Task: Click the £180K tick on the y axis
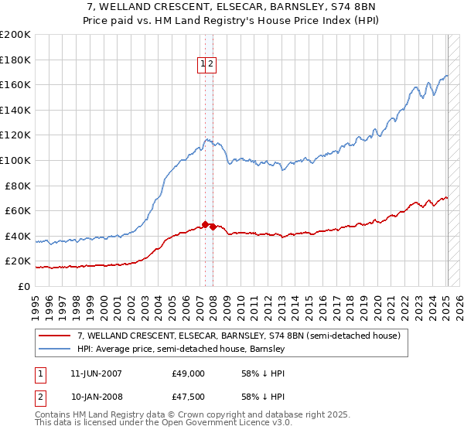pyautogui.click(x=15, y=60)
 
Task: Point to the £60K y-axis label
pyautogui.click(x=18, y=210)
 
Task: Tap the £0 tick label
pyautogui.click(x=25, y=286)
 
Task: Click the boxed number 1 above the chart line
pyautogui.click(x=203, y=66)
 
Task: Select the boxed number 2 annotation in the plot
pyautogui.click(x=210, y=66)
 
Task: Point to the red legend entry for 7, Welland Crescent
pyautogui.click(x=238, y=336)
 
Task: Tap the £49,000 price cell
pyautogui.click(x=188, y=373)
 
